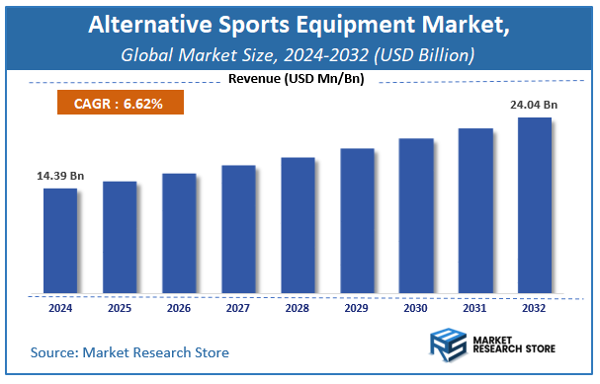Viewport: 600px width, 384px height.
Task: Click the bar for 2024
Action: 60,241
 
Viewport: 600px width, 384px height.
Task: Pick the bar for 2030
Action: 416,216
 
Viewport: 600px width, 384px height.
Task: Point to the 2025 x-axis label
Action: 120,308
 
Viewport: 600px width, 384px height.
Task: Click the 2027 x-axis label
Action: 238,308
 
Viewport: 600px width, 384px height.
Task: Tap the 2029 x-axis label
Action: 357,308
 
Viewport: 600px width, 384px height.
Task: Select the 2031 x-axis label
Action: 475,308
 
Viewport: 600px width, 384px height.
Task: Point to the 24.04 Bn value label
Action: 535,103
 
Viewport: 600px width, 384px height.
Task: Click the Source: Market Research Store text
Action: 129,352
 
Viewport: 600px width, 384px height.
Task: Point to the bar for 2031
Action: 475,211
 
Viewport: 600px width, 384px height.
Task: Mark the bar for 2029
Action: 357,221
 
